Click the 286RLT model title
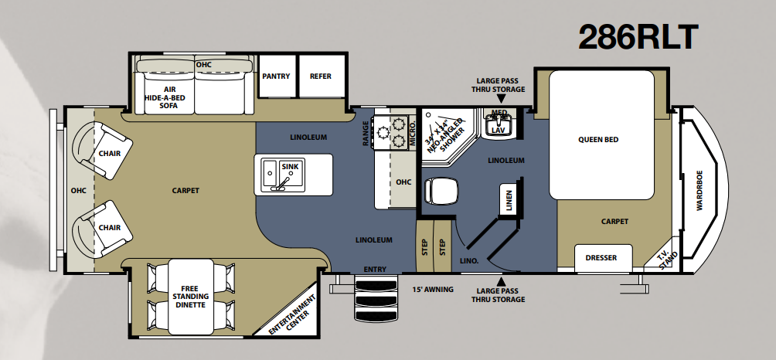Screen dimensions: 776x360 pyautogui.click(x=638, y=37)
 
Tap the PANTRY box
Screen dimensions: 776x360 pyautogui.click(x=277, y=76)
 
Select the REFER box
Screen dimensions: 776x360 pyautogui.click(x=322, y=76)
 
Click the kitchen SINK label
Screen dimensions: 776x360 pyautogui.click(x=290, y=167)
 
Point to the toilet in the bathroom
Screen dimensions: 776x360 pyautogui.click(x=441, y=190)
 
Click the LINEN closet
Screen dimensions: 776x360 pyautogui.click(x=509, y=199)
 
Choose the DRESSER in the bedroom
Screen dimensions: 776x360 pyautogui.click(x=604, y=257)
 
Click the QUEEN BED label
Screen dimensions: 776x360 pyautogui.click(x=598, y=140)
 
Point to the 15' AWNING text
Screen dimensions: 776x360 pyautogui.click(x=432, y=289)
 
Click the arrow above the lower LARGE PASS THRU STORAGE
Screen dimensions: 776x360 pyautogui.click(x=502, y=281)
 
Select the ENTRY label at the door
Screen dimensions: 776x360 pyautogui.click(x=375, y=269)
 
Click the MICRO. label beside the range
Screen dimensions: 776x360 pyautogui.click(x=412, y=132)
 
